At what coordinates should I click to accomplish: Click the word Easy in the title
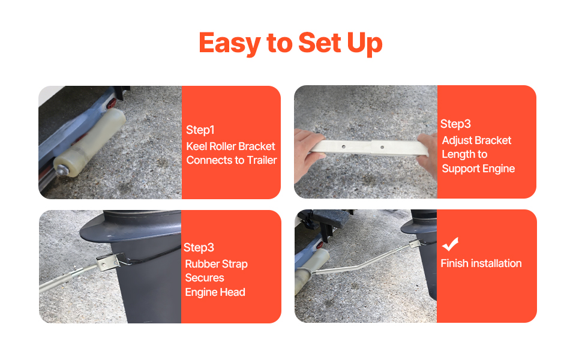coord(230,43)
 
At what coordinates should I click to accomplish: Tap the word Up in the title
coord(364,43)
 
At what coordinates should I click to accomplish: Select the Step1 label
coord(200,130)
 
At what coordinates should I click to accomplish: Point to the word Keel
coord(197,146)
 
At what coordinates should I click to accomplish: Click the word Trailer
coord(262,160)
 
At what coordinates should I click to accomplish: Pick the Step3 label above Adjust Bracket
coord(455,124)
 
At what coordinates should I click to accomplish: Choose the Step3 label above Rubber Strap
coord(199,248)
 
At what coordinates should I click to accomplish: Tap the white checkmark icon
coord(450,244)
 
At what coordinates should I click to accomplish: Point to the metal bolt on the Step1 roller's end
coord(61,170)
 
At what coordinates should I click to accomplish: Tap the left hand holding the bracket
coord(308,154)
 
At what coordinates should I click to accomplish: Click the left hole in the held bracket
coord(344,147)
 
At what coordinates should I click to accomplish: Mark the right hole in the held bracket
coord(382,148)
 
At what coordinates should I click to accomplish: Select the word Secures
coord(205,278)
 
